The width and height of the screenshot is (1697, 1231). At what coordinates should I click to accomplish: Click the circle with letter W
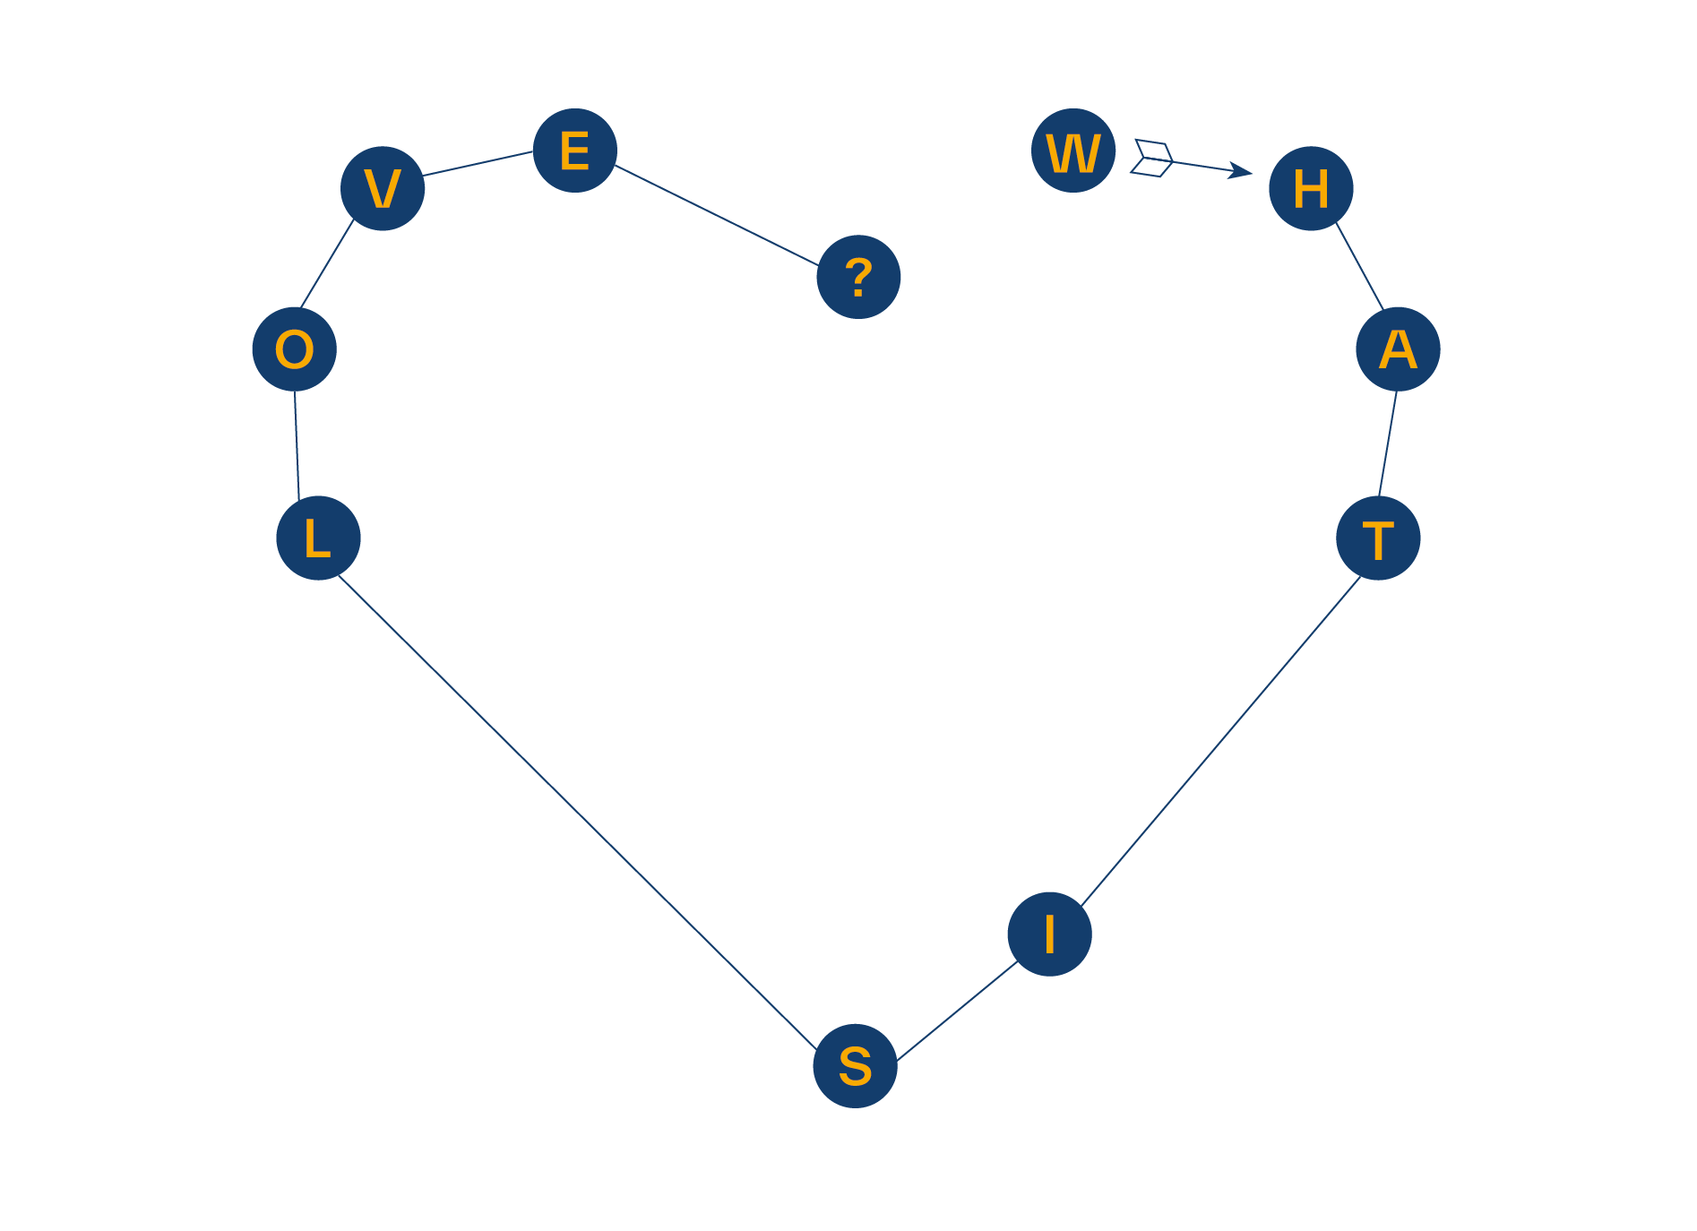tap(1072, 151)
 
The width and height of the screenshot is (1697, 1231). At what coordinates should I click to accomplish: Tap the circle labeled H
tap(1310, 188)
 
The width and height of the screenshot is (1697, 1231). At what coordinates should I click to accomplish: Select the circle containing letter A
tap(1397, 349)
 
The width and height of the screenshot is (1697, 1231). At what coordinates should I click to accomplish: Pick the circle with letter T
tap(1377, 538)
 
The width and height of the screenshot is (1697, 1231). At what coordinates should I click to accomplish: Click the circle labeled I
tap(1049, 934)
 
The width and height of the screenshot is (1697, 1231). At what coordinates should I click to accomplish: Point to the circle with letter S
tap(855, 1065)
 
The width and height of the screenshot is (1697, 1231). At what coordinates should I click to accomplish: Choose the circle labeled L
tap(318, 538)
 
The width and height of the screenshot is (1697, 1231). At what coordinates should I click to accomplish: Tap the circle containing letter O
tap(294, 349)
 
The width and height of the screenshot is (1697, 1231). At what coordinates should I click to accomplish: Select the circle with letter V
tap(383, 188)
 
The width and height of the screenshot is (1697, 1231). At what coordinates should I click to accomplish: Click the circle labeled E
tap(574, 151)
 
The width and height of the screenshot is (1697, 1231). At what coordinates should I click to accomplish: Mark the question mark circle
tap(858, 277)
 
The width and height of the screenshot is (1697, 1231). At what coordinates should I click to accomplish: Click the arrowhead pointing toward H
tap(1242, 170)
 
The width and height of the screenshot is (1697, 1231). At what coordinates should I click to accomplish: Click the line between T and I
tap(1220, 742)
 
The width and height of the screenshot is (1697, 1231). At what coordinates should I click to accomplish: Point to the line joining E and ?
tap(717, 215)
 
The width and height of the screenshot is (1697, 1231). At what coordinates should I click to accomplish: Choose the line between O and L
tap(297, 443)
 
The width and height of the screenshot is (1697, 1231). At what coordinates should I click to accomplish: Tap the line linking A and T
tap(1387, 443)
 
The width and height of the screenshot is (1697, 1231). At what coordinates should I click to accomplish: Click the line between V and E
tap(478, 163)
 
